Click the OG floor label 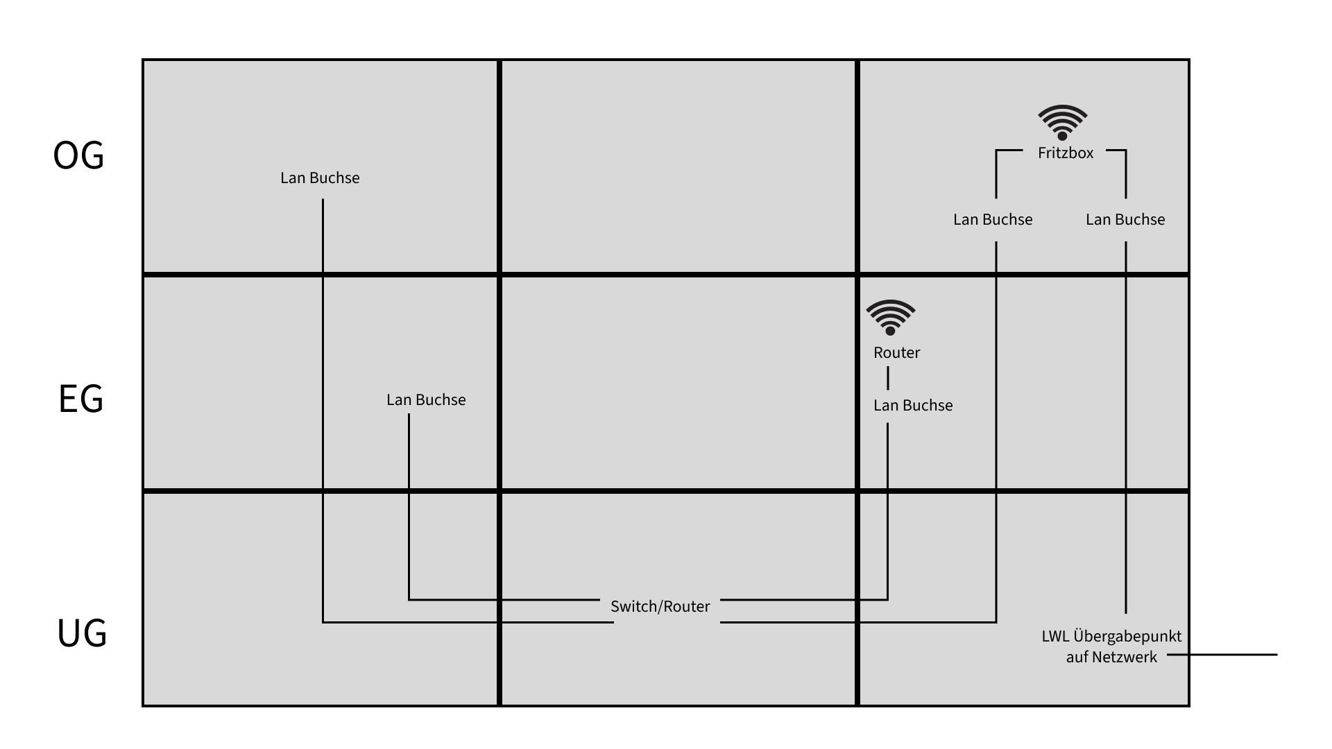point(78,155)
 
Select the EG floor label point(80,399)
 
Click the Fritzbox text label point(1065,153)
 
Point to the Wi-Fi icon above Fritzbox point(1062,122)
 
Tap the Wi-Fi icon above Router point(890,317)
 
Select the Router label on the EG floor point(896,353)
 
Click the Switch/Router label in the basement point(660,607)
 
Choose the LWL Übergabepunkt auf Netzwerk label point(1111,646)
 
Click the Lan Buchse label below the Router point(912,406)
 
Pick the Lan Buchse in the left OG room point(320,178)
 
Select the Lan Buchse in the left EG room point(426,400)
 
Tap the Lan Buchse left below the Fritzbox point(993,220)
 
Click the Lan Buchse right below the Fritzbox point(1125,220)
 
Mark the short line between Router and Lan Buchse point(888,379)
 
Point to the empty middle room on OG point(678,166)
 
